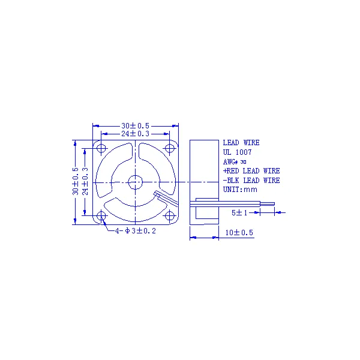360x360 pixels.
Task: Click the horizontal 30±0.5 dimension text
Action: (135, 126)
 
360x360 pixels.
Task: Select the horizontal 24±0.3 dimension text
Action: (135, 134)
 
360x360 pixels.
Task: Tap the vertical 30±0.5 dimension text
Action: (76, 181)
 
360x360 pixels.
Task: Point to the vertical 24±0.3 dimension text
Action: (85, 181)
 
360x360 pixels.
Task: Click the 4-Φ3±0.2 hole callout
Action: (136, 231)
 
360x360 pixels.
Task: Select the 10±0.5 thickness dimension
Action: (239, 233)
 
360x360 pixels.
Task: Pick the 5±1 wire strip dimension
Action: (239, 213)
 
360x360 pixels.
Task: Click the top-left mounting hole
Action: (101, 148)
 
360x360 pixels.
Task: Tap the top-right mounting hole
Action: (169, 148)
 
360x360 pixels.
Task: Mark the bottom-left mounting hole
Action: (101, 216)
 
